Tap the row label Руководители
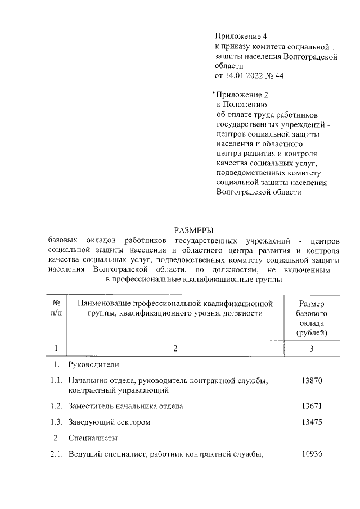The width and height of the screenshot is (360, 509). coord(94,365)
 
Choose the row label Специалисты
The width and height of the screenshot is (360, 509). coord(93,438)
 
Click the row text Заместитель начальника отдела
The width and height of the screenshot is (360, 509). coord(126,406)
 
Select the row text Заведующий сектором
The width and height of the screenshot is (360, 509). coord(110,422)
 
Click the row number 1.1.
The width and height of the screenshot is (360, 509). coord(56,381)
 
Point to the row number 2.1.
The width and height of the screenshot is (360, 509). coord(56,454)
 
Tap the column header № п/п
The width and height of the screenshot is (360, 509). coord(56,308)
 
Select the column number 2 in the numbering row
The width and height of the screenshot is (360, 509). coord(175,349)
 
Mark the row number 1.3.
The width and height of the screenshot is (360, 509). coord(56,422)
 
